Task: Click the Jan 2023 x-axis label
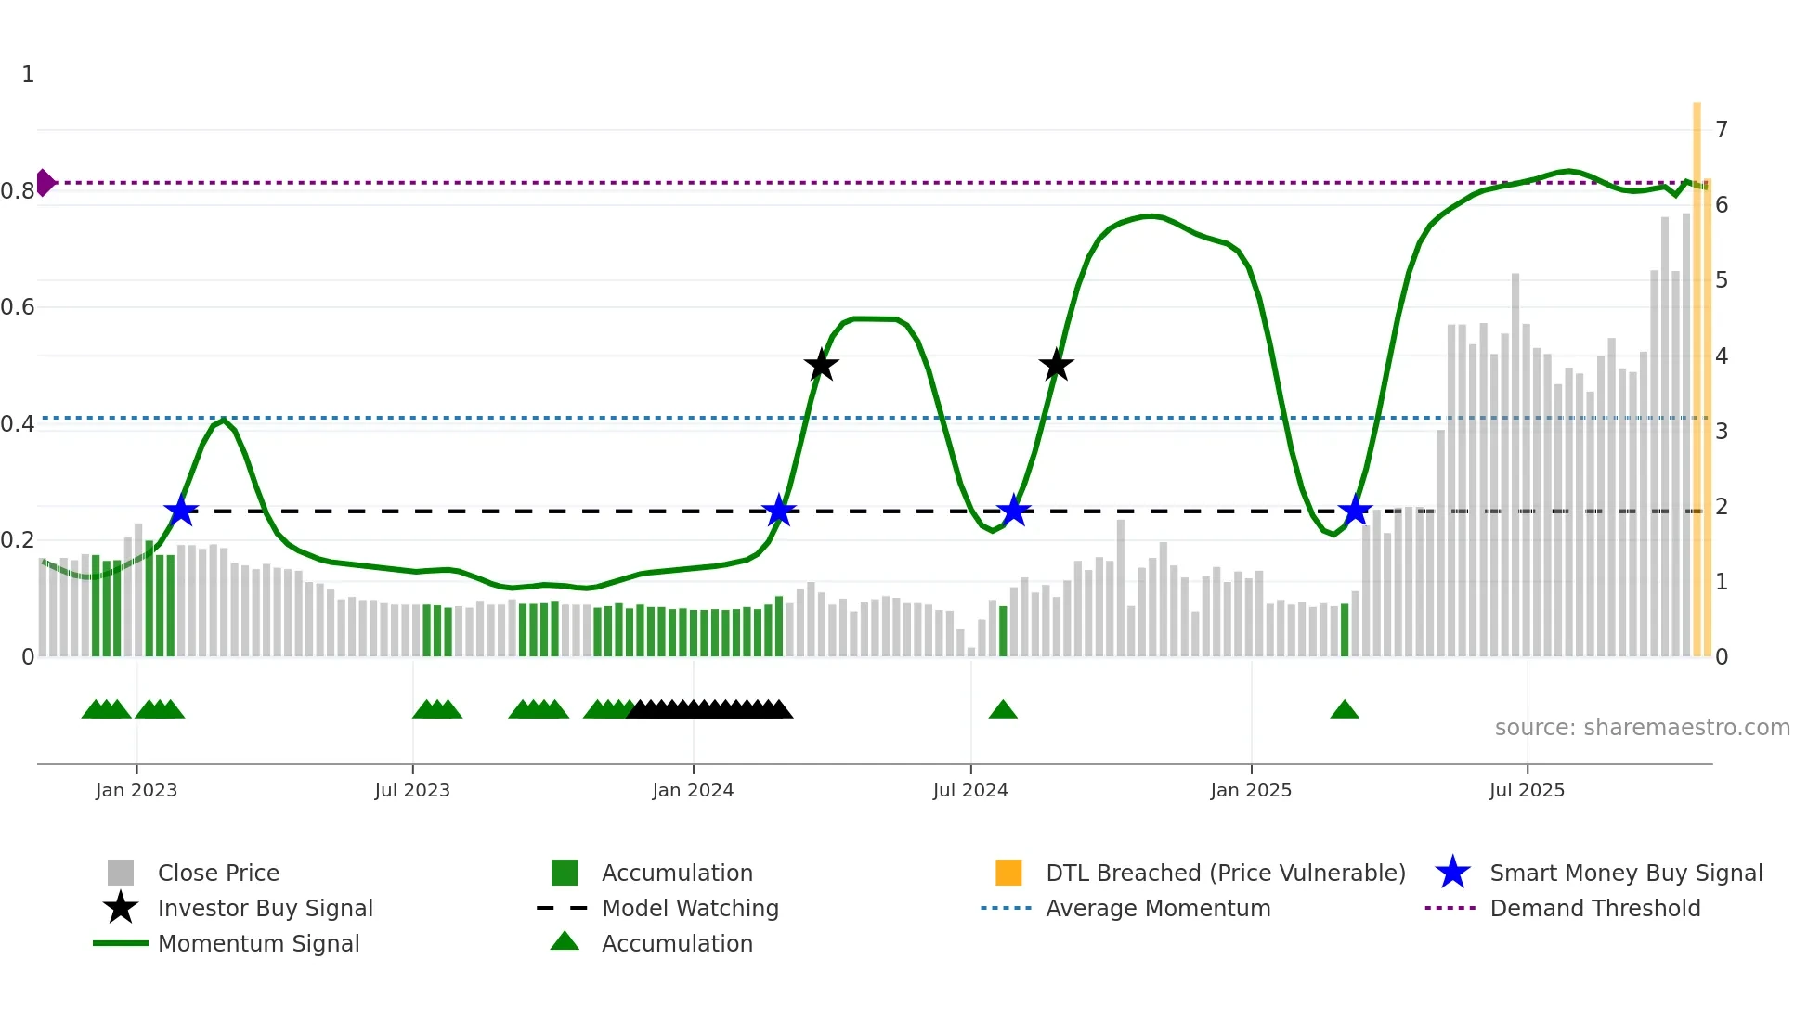[136, 790]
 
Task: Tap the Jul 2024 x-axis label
[970, 790]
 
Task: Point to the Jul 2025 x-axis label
[1527, 790]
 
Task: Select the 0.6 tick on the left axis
[18, 307]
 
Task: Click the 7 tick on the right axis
[1722, 129]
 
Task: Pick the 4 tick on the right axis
[1722, 356]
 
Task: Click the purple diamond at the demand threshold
[45, 183]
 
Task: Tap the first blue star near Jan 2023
[181, 511]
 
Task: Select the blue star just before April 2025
[1355, 511]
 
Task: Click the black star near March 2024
[821, 366]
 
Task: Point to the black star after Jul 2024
[1056, 366]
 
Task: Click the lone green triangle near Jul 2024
[1003, 710]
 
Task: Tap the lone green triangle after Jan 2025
[1345, 710]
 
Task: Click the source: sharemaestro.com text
[1642, 728]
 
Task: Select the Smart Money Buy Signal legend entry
[1625, 873]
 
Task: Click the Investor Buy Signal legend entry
[265, 908]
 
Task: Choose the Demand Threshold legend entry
[1594, 908]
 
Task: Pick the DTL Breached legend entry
[1225, 873]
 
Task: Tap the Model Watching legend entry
[689, 908]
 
